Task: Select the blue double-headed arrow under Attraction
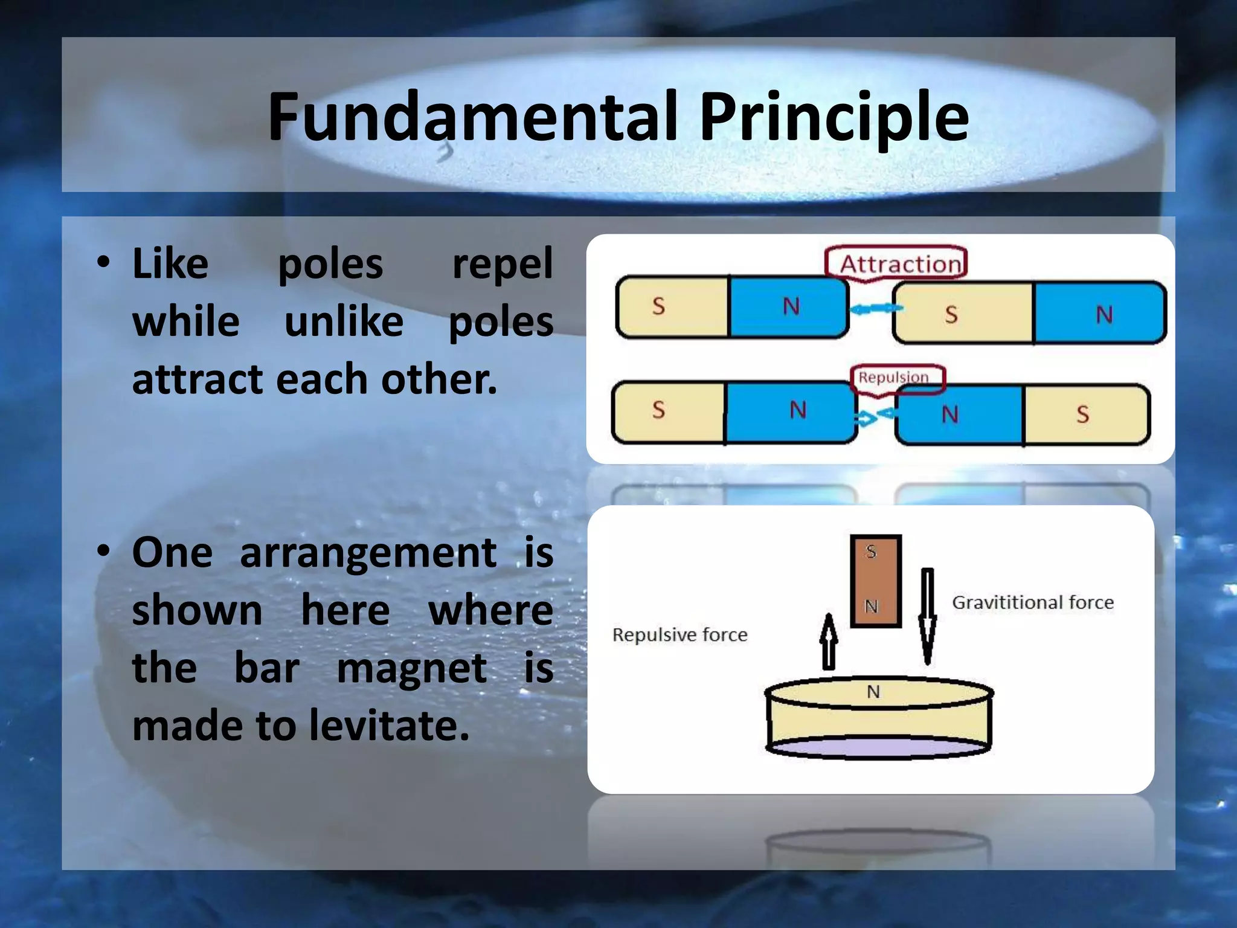(875, 309)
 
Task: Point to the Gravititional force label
(1032, 602)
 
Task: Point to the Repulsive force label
(680, 635)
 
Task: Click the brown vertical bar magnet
(875, 581)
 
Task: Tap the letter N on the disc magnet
(873, 692)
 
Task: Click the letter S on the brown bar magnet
(870, 552)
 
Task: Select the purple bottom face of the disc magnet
(879, 747)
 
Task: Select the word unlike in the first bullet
(344, 321)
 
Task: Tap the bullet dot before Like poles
(104, 263)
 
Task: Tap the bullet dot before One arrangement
(104, 551)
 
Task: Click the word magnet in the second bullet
(411, 668)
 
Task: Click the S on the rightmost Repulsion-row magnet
(1082, 414)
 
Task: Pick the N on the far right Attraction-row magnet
(1104, 315)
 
